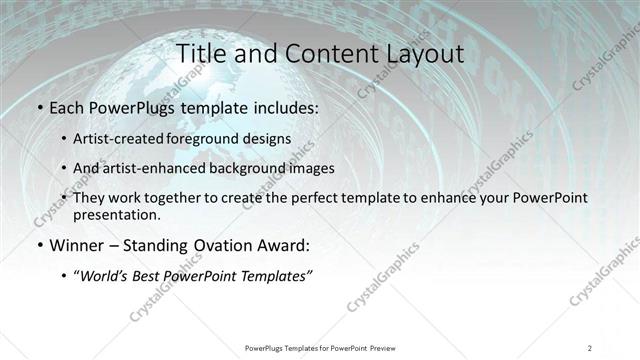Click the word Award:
click(279, 244)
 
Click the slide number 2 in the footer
click(590, 347)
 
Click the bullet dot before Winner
click(39, 245)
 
